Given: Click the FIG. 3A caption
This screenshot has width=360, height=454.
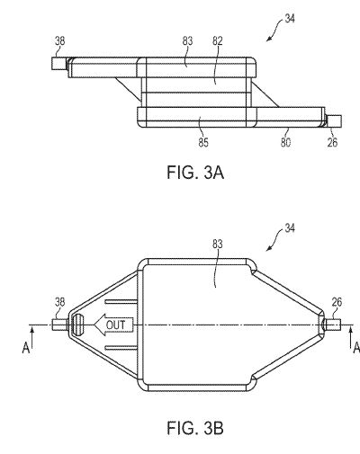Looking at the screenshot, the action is pyautogui.click(x=195, y=173).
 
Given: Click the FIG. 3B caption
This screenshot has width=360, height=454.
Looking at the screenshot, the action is pyautogui.click(x=195, y=428).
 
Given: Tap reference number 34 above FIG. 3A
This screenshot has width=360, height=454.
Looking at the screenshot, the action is pyautogui.click(x=290, y=19).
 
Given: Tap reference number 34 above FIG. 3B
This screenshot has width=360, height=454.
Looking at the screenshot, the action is pyautogui.click(x=290, y=228).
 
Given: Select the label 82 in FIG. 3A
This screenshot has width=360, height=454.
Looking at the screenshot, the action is pyautogui.click(x=218, y=41).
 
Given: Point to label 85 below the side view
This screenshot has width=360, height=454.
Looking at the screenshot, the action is pyautogui.click(x=203, y=142).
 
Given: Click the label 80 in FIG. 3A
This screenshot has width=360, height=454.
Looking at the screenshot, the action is pyautogui.click(x=285, y=142).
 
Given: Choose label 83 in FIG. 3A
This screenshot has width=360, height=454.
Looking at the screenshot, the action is pyautogui.click(x=187, y=41).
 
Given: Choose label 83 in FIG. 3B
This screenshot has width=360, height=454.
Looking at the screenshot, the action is pyautogui.click(x=218, y=245).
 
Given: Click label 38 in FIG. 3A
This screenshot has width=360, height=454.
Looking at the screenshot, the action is pyautogui.click(x=59, y=41).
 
